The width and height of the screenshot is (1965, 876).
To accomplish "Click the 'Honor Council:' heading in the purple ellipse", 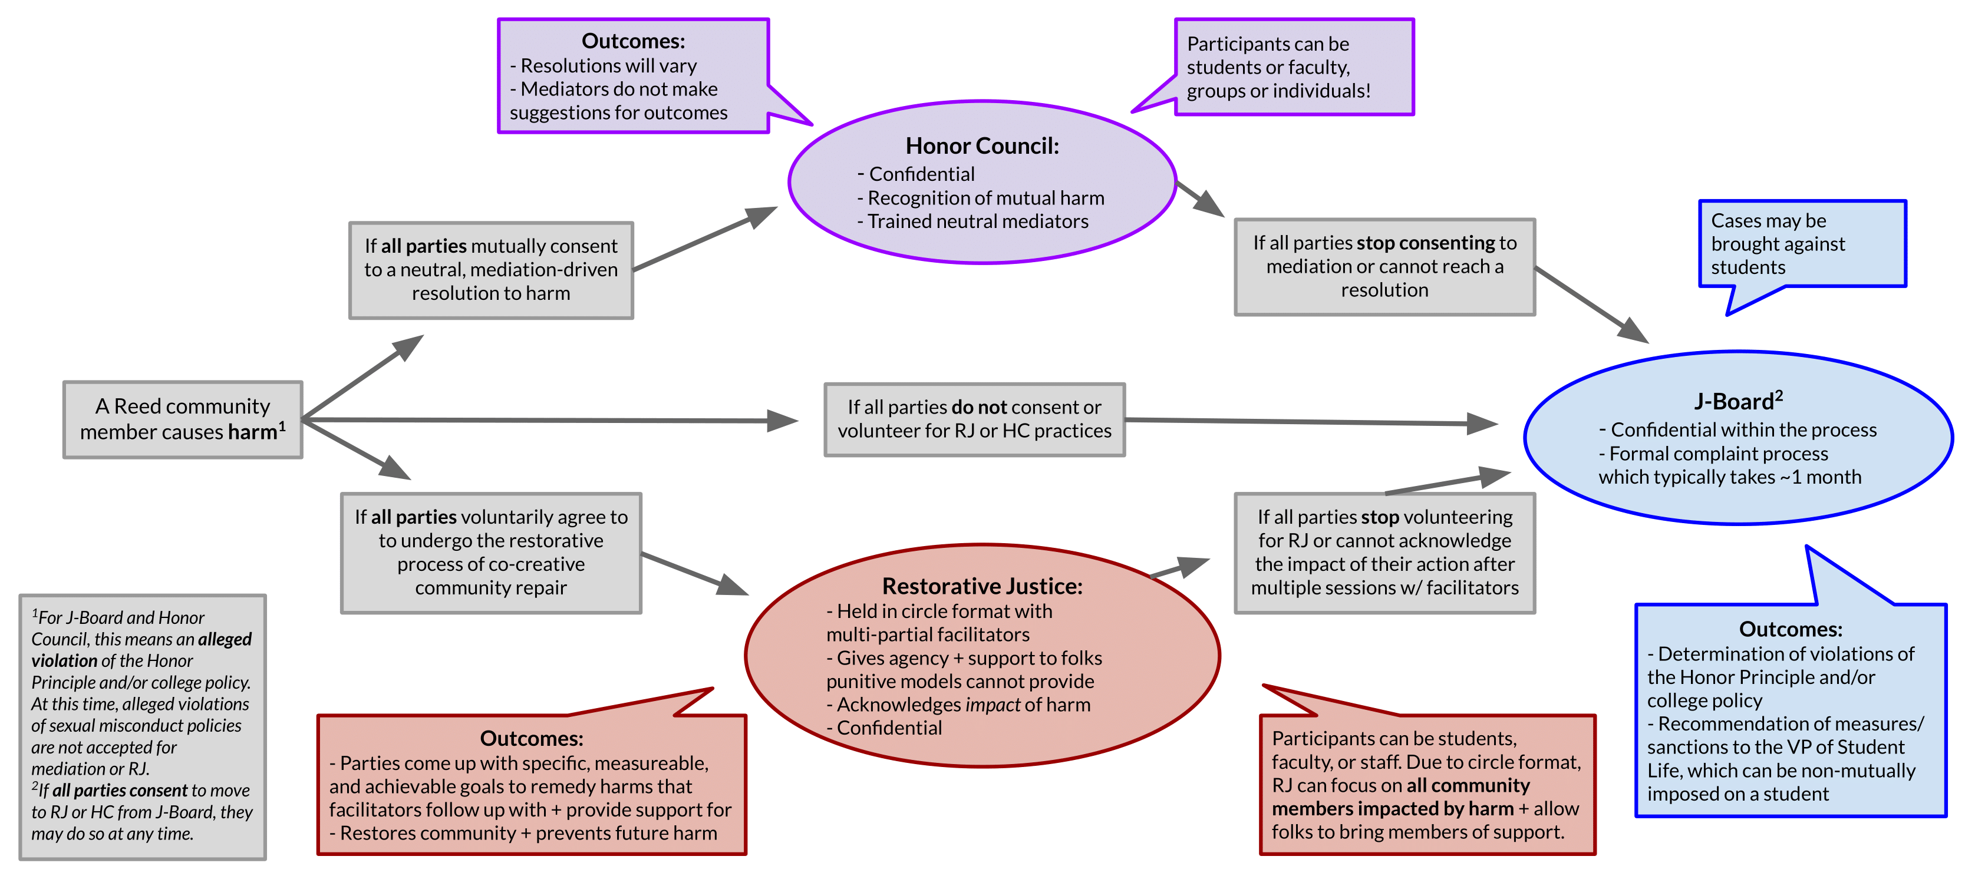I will pos(982,146).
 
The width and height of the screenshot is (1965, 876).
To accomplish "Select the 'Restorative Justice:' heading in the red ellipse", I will pos(982,586).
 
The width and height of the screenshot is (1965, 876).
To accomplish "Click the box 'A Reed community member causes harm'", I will pos(183,419).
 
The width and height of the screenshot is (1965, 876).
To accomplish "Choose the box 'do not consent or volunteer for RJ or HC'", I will pos(974,419).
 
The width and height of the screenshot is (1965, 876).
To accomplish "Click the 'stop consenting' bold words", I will pos(1425,243).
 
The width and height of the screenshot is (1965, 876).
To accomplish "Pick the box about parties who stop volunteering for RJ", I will pos(1384,553).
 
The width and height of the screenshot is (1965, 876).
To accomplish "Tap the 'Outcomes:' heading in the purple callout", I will pos(633,41).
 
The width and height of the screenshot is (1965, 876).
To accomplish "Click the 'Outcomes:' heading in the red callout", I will pos(531,738).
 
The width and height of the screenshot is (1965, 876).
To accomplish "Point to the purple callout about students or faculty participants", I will pos(1294,67).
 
